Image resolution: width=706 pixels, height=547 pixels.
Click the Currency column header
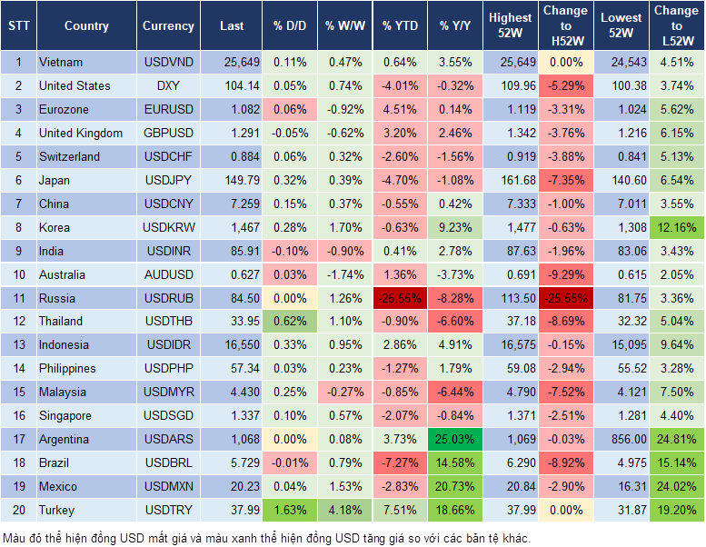[x=168, y=26]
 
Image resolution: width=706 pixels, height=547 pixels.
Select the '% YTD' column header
[x=401, y=26]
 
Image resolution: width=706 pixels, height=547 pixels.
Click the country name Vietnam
[x=61, y=62]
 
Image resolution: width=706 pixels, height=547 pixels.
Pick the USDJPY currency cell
[x=168, y=180]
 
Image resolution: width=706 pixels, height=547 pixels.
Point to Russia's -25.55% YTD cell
[x=401, y=298]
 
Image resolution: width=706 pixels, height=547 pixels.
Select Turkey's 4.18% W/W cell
[x=343, y=511]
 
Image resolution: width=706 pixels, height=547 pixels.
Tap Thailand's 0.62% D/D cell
[x=288, y=322]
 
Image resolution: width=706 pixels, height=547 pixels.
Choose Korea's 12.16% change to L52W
[x=677, y=227]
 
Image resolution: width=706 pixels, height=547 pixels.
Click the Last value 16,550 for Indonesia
[x=231, y=345]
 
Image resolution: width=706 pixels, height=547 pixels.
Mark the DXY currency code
[x=168, y=85]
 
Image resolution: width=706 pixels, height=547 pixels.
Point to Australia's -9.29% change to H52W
[x=565, y=274]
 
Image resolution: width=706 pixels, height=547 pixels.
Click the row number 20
[x=17, y=511]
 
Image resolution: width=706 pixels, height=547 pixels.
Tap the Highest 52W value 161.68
[x=511, y=180]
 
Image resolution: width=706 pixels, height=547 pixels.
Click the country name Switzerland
[x=70, y=156]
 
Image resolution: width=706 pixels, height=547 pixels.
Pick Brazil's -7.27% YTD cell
[x=401, y=463]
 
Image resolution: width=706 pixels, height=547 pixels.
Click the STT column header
[x=17, y=26]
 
